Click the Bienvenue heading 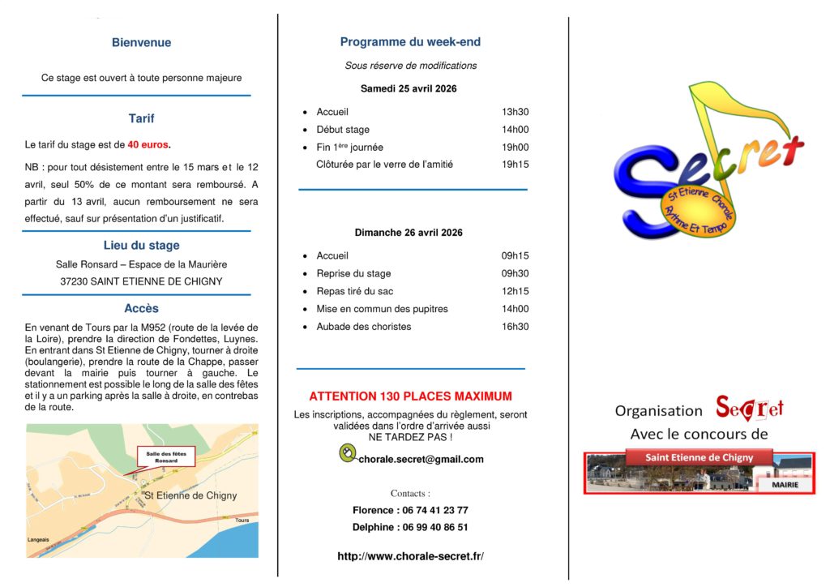141,43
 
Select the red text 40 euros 149,145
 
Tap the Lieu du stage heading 141,246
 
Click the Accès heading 141,309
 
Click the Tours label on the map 242,520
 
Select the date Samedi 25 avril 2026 409,89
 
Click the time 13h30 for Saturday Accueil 515,112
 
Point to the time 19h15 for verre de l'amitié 515,165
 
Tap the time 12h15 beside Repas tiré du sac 515,291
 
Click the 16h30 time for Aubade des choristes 515,327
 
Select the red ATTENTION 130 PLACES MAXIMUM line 410,396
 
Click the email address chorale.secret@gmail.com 421,459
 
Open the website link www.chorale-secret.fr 410,556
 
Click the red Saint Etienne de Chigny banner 699,458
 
